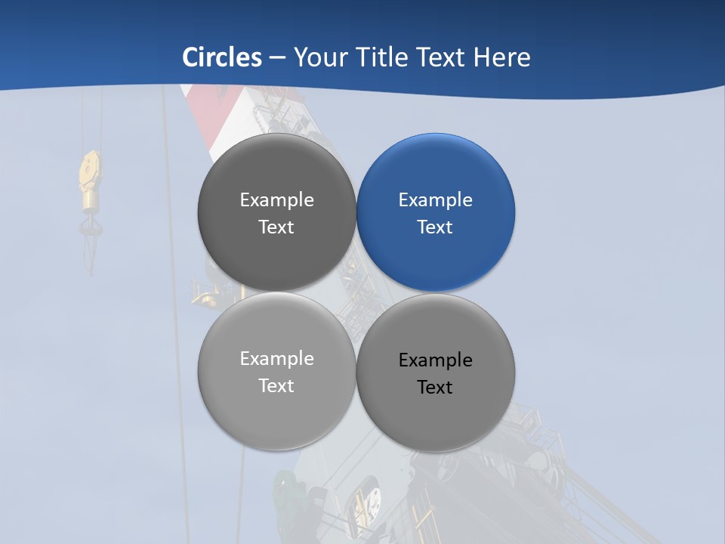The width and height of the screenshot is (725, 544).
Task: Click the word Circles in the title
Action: [x=222, y=57]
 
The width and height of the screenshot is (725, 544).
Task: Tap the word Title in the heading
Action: [x=385, y=57]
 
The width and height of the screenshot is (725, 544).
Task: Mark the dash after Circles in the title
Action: [x=276, y=58]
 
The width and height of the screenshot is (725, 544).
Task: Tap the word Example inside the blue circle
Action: [x=436, y=200]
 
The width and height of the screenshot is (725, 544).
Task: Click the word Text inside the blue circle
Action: [x=435, y=227]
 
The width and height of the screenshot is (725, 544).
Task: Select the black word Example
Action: [x=436, y=360]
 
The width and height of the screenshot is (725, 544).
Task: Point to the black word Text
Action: [x=435, y=388]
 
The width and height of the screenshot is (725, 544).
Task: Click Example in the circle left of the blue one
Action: [x=276, y=200]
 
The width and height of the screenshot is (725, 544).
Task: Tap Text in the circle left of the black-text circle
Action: [x=276, y=386]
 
